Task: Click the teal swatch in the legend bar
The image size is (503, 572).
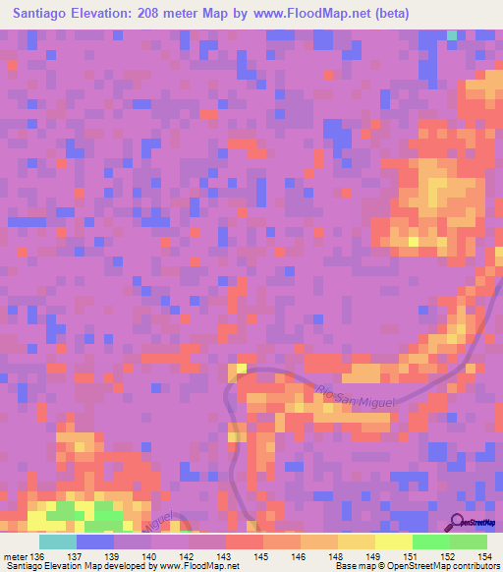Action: (x=57, y=542)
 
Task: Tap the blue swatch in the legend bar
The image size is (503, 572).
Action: (x=94, y=542)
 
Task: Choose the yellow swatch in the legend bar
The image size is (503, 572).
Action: (x=393, y=542)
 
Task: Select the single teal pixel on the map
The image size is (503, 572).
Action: (x=452, y=35)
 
